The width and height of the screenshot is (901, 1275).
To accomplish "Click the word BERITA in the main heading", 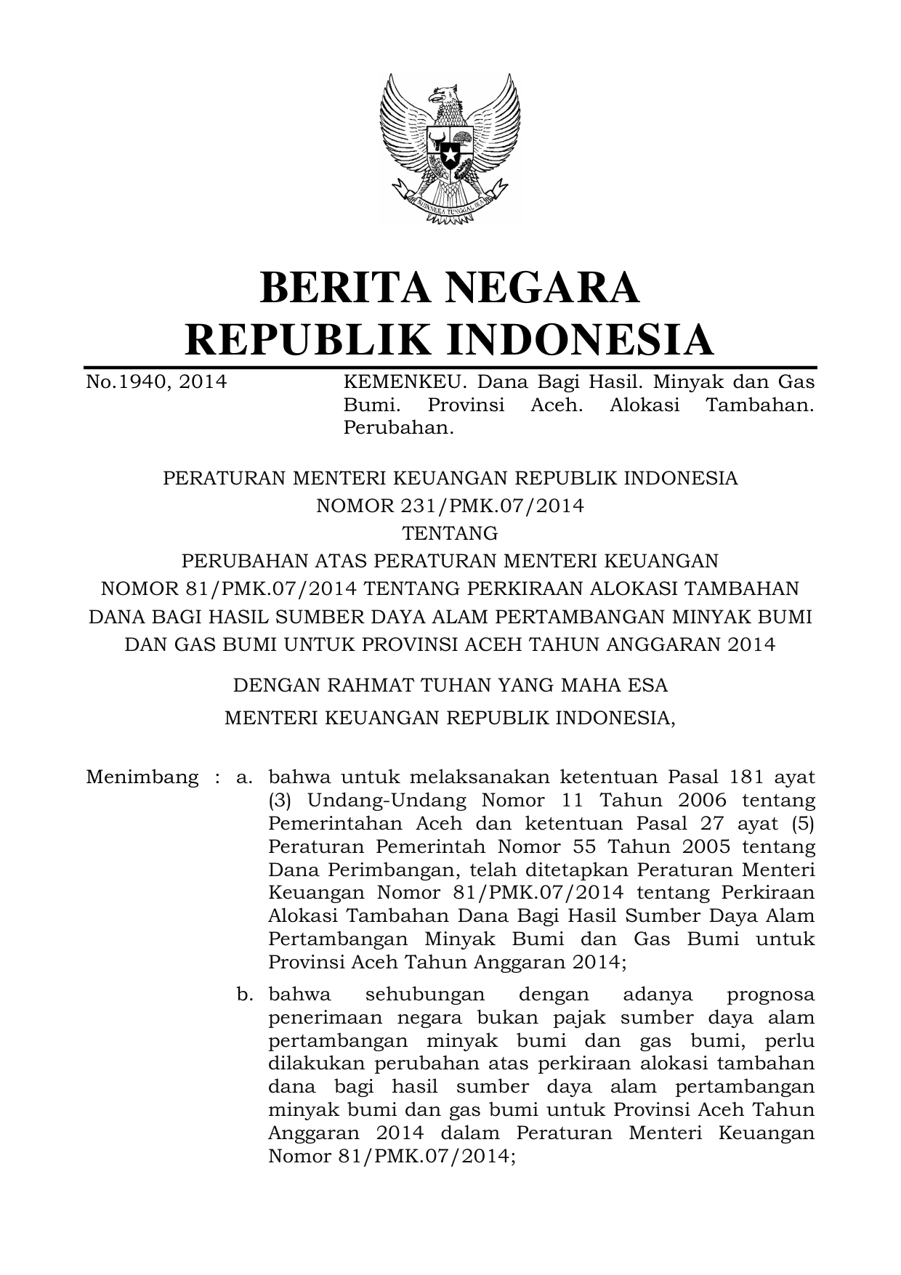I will click(344, 287).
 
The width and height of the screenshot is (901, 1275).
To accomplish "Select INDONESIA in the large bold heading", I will click(578, 340).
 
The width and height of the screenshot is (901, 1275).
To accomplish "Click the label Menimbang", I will click(142, 777).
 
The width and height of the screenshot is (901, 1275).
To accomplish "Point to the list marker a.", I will click(243, 777).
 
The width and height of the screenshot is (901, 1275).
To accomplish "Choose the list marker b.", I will click(244, 994).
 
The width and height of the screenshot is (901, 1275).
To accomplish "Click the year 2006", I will click(701, 800).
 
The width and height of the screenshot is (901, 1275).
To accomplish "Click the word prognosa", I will click(770, 995).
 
